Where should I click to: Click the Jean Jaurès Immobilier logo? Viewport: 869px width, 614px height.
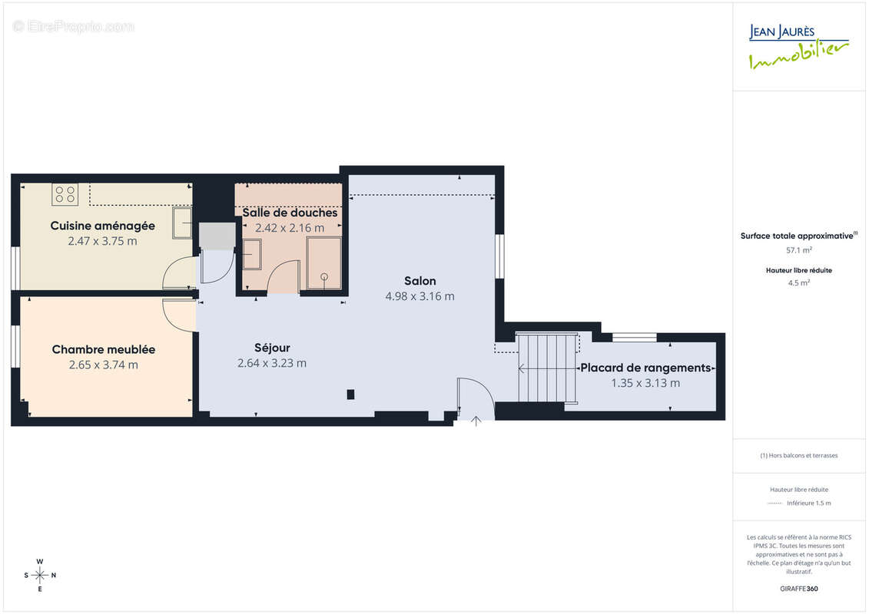[x=799, y=47]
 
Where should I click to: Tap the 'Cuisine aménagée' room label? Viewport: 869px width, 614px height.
[x=103, y=226]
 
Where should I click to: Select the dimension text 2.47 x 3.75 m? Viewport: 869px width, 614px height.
[x=103, y=241]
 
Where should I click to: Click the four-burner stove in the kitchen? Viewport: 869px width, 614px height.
[x=65, y=194]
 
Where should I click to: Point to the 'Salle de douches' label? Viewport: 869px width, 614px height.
[x=290, y=213]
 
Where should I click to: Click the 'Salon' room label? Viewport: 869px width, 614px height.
[x=420, y=281]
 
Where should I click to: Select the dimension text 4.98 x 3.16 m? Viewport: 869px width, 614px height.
[x=420, y=296]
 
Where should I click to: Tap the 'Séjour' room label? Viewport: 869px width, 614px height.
[x=272, y=348]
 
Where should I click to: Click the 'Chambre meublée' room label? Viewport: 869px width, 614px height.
[x=104, y=349]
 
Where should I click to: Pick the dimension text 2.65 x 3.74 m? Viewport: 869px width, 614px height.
[x=104, y=365]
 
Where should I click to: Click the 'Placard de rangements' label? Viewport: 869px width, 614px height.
[x=645, y=368]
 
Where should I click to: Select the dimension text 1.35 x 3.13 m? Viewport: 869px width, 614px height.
[x=645, y=383]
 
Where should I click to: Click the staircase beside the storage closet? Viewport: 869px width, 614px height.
[x=547, y=368]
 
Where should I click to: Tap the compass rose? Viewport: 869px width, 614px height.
[x=40, y=575]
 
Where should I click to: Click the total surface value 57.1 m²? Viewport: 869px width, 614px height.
[x=799, y=249]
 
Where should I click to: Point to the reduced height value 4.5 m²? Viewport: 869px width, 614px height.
[x=799, y=282]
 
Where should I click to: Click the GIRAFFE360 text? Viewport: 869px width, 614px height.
[x=799, y=589]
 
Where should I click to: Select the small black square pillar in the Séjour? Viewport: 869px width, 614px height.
[x=351, y=394]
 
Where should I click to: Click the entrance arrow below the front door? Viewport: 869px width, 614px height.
[x=476, y=421]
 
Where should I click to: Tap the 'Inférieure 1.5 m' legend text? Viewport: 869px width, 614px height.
[x=809, y=503]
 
